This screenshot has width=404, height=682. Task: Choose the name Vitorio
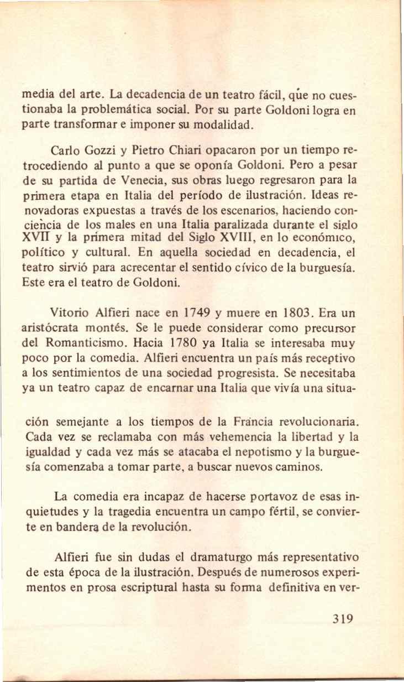click(69, 311)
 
